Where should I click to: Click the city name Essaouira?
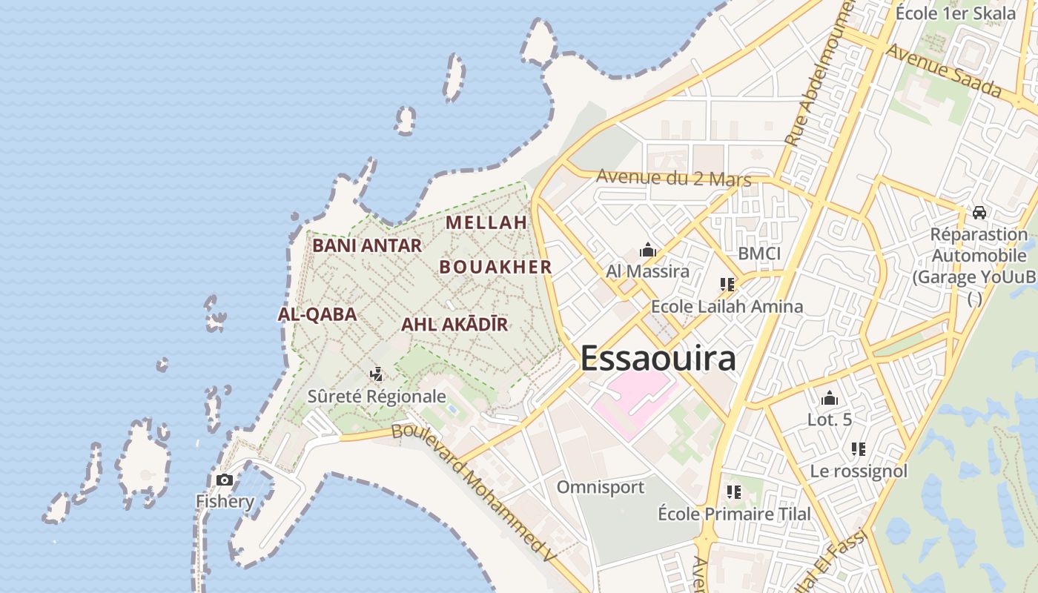[x=658, y=358]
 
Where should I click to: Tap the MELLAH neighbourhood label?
[x=486, y=222]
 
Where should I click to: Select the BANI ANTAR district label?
[x=367, y=245]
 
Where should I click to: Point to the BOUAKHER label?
[x=496, y=268]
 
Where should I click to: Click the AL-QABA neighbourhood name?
[x=317, y=314]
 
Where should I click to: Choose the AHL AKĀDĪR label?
[x=454, y=325]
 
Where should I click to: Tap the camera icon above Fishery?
[x=224, y=480]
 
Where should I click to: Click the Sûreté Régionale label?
[x=377, y=397]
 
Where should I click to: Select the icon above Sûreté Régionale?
[x=377, y=374]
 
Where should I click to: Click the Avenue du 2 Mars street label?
[x=673, y=178]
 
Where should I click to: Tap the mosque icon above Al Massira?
[x=648, y=251]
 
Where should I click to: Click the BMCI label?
[x=759, y=254]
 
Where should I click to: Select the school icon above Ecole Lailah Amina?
[x=727, y=284]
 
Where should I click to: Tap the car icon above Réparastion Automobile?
[x=979, y=213]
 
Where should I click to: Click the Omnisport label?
[x=601, y=487]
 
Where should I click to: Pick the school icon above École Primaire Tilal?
[x=734, y=491]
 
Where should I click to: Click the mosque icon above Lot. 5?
[x=830, y=399]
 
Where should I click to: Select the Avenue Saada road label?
[x=943, y=72]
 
